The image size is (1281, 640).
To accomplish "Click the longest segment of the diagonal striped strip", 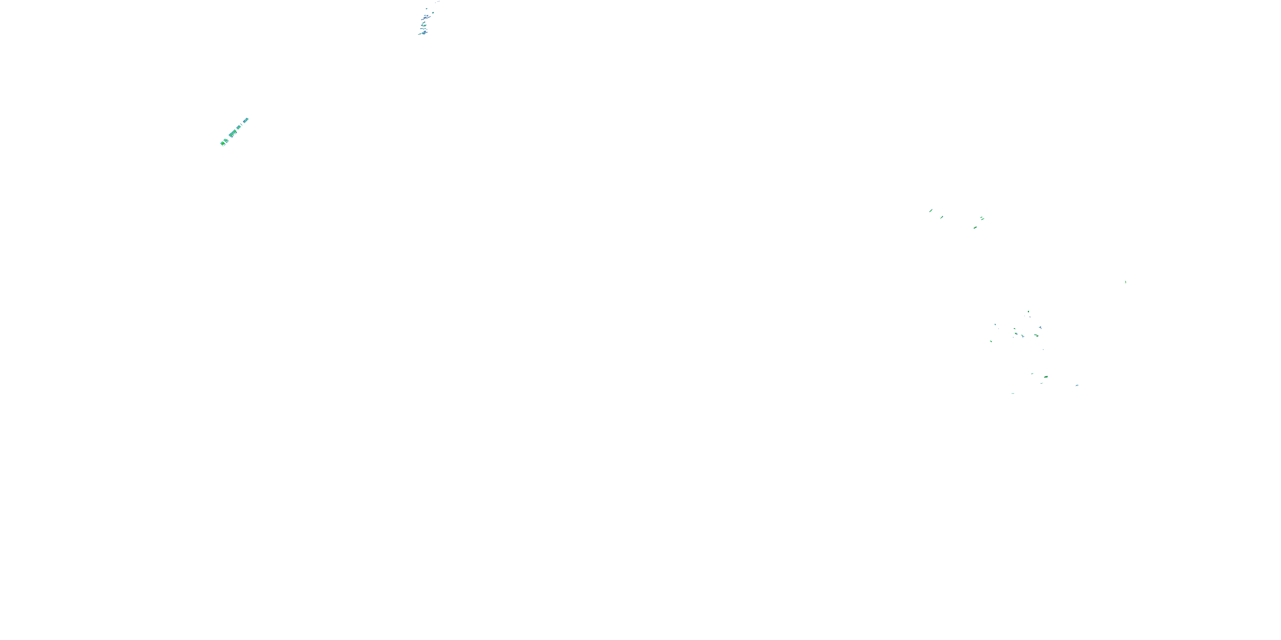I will pos(232,133).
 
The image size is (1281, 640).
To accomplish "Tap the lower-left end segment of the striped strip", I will pos(222,144).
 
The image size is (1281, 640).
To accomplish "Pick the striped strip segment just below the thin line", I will pos(239,127).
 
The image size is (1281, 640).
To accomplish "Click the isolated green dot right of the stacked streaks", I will pos(433,12).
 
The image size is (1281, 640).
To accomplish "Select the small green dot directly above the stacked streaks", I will pos(426,9).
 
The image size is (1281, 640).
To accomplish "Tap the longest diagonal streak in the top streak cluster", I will pos(426,17).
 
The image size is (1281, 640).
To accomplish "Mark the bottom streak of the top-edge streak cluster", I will pos(423,34).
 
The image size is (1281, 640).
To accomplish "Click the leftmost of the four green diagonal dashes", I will pos(931,211).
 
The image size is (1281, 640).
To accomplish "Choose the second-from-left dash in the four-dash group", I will pos(942,217).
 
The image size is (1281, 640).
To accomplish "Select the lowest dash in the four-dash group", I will pos(975,227).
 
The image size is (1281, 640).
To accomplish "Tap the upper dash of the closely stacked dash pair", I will pos(982,217).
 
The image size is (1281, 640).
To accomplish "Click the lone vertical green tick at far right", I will pos(1125,282).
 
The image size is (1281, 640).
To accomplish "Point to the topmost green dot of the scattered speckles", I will pos(1028,312).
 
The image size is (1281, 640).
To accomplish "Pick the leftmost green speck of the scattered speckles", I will pos(991,341).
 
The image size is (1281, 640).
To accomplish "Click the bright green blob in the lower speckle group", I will pos(1046,377).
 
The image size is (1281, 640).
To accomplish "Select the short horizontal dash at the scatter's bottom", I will pos(1013,393).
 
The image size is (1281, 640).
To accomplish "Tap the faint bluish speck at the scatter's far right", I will pos(1077,385).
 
